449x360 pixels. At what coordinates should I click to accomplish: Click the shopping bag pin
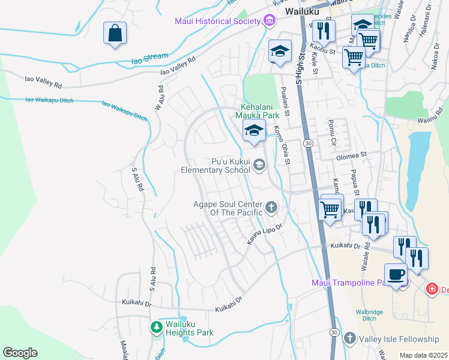(114, 34)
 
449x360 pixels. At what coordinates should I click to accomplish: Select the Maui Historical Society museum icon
(269, 22)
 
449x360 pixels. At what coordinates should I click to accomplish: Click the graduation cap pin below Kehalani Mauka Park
(254, 130)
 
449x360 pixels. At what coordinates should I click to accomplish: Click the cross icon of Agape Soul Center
(271, 208)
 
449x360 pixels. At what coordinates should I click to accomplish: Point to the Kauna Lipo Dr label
(265, 235)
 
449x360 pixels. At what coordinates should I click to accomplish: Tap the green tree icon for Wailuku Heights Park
(156, 327)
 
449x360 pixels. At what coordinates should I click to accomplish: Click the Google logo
(20, 353)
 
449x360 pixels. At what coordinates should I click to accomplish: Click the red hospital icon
(432, 289)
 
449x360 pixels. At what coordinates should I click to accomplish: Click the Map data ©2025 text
(423, 355)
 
